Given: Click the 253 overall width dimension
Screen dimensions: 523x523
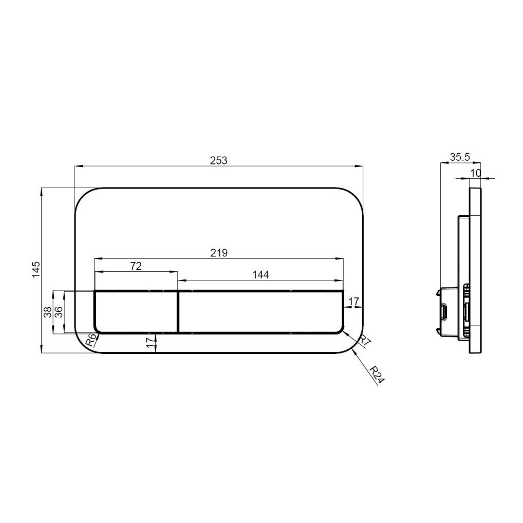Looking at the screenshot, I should [218, 160].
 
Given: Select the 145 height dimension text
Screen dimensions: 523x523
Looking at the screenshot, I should [36, 269].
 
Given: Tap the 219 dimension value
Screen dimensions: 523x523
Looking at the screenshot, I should [218, 252].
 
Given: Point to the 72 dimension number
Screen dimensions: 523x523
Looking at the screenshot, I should [136, 266].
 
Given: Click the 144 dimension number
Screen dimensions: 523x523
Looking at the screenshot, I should [260, 275].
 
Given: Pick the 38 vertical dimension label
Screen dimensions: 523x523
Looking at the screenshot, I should [47, 312].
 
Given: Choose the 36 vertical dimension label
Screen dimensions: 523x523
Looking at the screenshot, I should [58, 312].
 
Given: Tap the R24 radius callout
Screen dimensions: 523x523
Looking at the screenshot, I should [377, 375].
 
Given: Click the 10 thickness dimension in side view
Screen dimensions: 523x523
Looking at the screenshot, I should [475, 173].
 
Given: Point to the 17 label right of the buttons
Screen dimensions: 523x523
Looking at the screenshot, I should [353, 301].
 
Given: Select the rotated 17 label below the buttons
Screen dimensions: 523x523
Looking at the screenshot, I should [150, 343].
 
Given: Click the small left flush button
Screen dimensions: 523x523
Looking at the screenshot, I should [136, 312].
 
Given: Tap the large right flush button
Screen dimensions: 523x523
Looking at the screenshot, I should [260, 312].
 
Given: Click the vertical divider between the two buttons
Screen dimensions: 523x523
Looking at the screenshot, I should [178, 312].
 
